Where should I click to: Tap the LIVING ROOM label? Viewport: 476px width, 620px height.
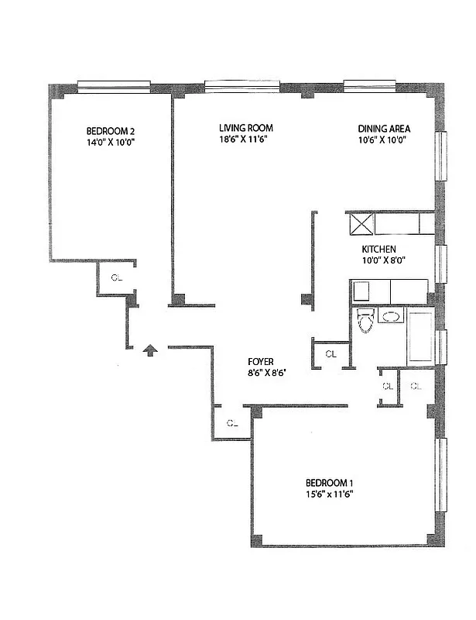coord(245,128)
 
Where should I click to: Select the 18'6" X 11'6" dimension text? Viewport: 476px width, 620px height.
coord(245,140)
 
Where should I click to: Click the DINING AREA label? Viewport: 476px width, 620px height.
coord(384,129)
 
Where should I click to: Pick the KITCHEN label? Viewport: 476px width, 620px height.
coord(379,249)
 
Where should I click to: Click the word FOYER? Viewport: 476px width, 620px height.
coord(259,361)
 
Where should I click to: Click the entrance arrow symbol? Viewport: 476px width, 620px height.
coord(151,351)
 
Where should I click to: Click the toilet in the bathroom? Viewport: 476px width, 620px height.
coord(365,319)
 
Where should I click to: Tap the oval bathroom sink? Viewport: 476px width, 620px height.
coord(392,317)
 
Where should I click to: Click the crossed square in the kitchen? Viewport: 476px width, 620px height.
coord(362,223)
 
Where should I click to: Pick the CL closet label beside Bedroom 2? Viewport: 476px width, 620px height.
coord(116,277)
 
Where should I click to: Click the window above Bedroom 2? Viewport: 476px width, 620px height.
coord(114,87)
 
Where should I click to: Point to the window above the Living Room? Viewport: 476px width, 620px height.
coord(241,86)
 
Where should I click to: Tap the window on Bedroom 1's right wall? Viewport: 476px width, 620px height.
coord(442,474)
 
